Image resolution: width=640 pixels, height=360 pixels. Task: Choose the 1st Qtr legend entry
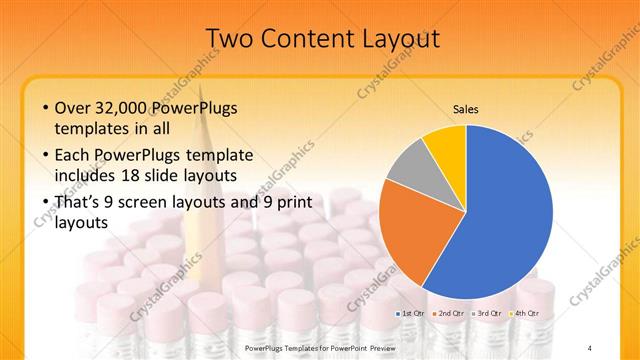tap(413, 314)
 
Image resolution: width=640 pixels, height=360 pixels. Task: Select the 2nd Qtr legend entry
tap(451, 314)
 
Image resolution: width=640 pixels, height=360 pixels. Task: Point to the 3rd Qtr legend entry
tap(489, 314)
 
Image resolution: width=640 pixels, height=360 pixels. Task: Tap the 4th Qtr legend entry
tap(527, 314)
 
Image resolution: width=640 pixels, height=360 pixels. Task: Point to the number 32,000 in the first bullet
tap(126, 108)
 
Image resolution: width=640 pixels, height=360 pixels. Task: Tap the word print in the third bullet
tap(293, 203)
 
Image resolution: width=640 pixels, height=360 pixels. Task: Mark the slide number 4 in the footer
tap(590, 347)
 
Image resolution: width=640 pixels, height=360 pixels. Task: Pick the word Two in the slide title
tap(228, 38)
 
